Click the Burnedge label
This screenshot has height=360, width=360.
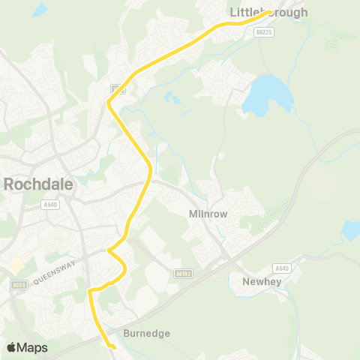(x=147, y=333)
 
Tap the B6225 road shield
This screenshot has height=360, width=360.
(x=262, y=32)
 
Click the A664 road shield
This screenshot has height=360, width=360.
(x=19, y=284)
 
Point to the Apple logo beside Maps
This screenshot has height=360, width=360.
(x=12, y=348)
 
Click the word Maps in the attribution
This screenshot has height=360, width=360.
(x=32, y=348)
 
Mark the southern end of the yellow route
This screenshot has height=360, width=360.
(x=113, y=347)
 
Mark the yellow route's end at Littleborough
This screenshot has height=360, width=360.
(x=269, y=12)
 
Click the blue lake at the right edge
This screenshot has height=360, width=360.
(x=352, y=229)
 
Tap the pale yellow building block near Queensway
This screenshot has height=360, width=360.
(x=16, y=266)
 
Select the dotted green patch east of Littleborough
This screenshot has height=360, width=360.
(x=343, y=37)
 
